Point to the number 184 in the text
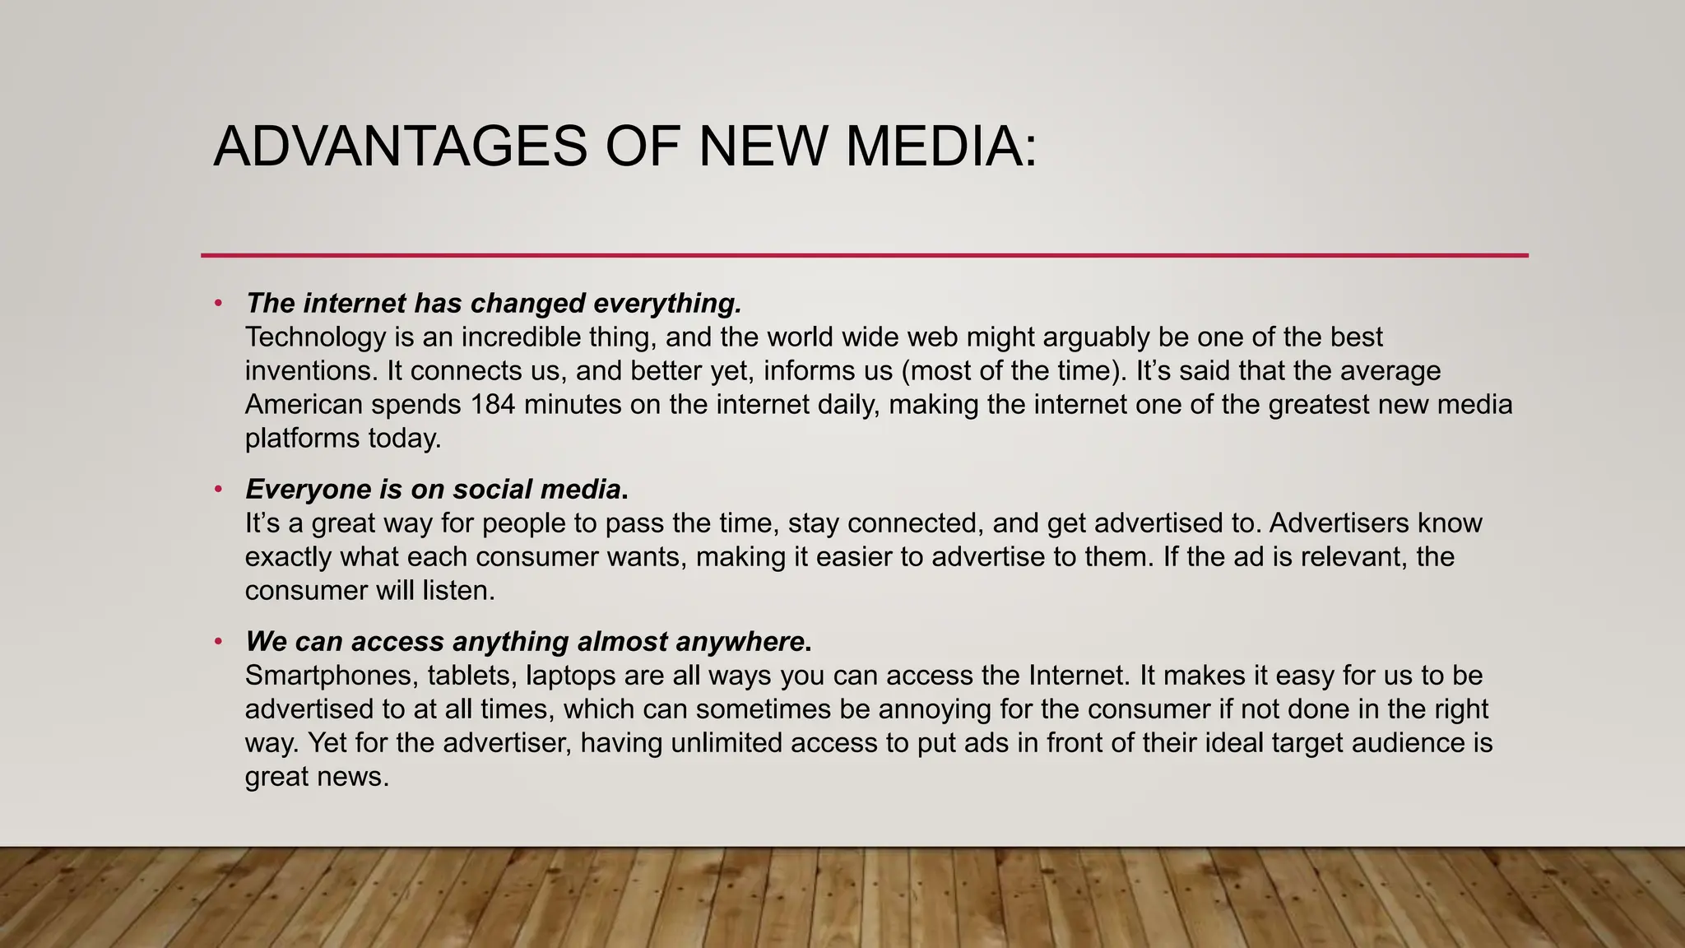[493, 405]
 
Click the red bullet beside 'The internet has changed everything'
[218, 304]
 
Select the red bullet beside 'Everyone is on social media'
[218, 490]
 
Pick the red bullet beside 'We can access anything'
[218, 641]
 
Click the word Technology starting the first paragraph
[315, 337]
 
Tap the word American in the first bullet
[304, 405]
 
